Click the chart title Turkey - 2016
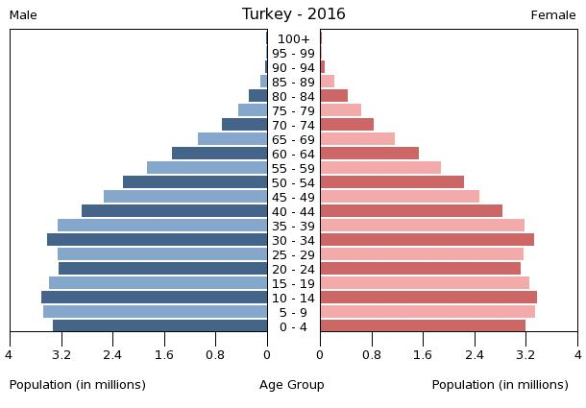click(293, 14)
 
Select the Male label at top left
click(23, 15)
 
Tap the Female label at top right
click(553, 15)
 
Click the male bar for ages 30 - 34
click(158, 240)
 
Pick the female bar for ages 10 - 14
click(428, 298)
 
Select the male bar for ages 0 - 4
click(160, 326)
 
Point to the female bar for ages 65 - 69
click(357, 139)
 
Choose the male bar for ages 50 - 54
click(195, 182)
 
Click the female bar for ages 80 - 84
click(334, 96)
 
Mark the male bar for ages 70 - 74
click(245, 125)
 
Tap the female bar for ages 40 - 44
click(411, 211)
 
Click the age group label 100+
click(293, 39)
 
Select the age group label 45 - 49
click(293, 198)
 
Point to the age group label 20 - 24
click(293, 270)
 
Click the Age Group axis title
click(292, 385)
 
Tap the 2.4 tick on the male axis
click(112, 354)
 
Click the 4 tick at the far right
click(577, 354)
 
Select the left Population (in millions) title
click(78, 385)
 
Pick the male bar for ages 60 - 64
click(220, 154)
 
